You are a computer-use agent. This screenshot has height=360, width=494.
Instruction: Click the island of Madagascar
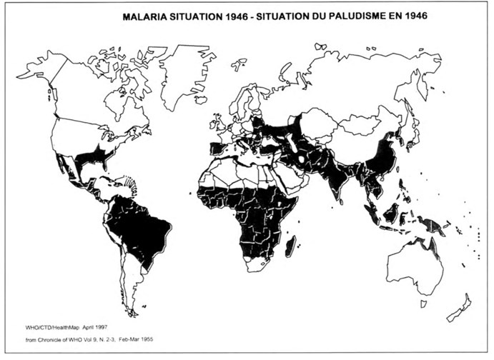[x=290, y=248]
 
